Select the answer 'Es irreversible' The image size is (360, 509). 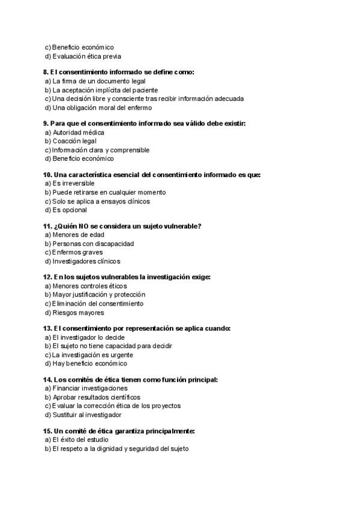point(73,183)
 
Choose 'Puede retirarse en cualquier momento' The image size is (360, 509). point(109,192)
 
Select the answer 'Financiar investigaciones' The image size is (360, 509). point(89,388)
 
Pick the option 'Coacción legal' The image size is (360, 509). point(74,141)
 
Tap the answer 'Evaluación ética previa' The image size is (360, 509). point(86,56)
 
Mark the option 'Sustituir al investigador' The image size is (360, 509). point(86,415)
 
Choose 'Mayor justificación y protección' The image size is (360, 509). point(98,295)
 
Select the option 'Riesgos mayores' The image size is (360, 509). point(78,313)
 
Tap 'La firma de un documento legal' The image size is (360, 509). point(98,81)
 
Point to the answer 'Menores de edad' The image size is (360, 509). point(78,235)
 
